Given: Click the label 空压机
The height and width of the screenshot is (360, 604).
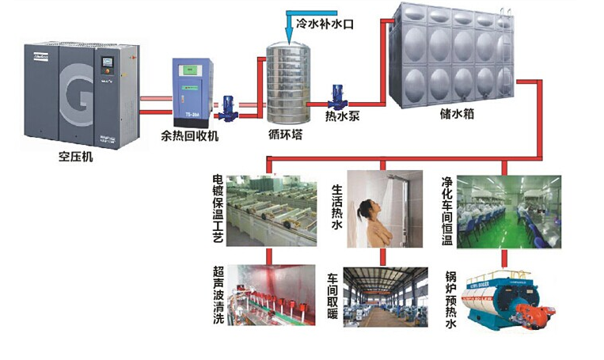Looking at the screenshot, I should pos(76,157).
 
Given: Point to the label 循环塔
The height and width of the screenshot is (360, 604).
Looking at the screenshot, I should pos(286,134).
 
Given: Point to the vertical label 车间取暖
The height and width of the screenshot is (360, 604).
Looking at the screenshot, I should pos(333,297).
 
